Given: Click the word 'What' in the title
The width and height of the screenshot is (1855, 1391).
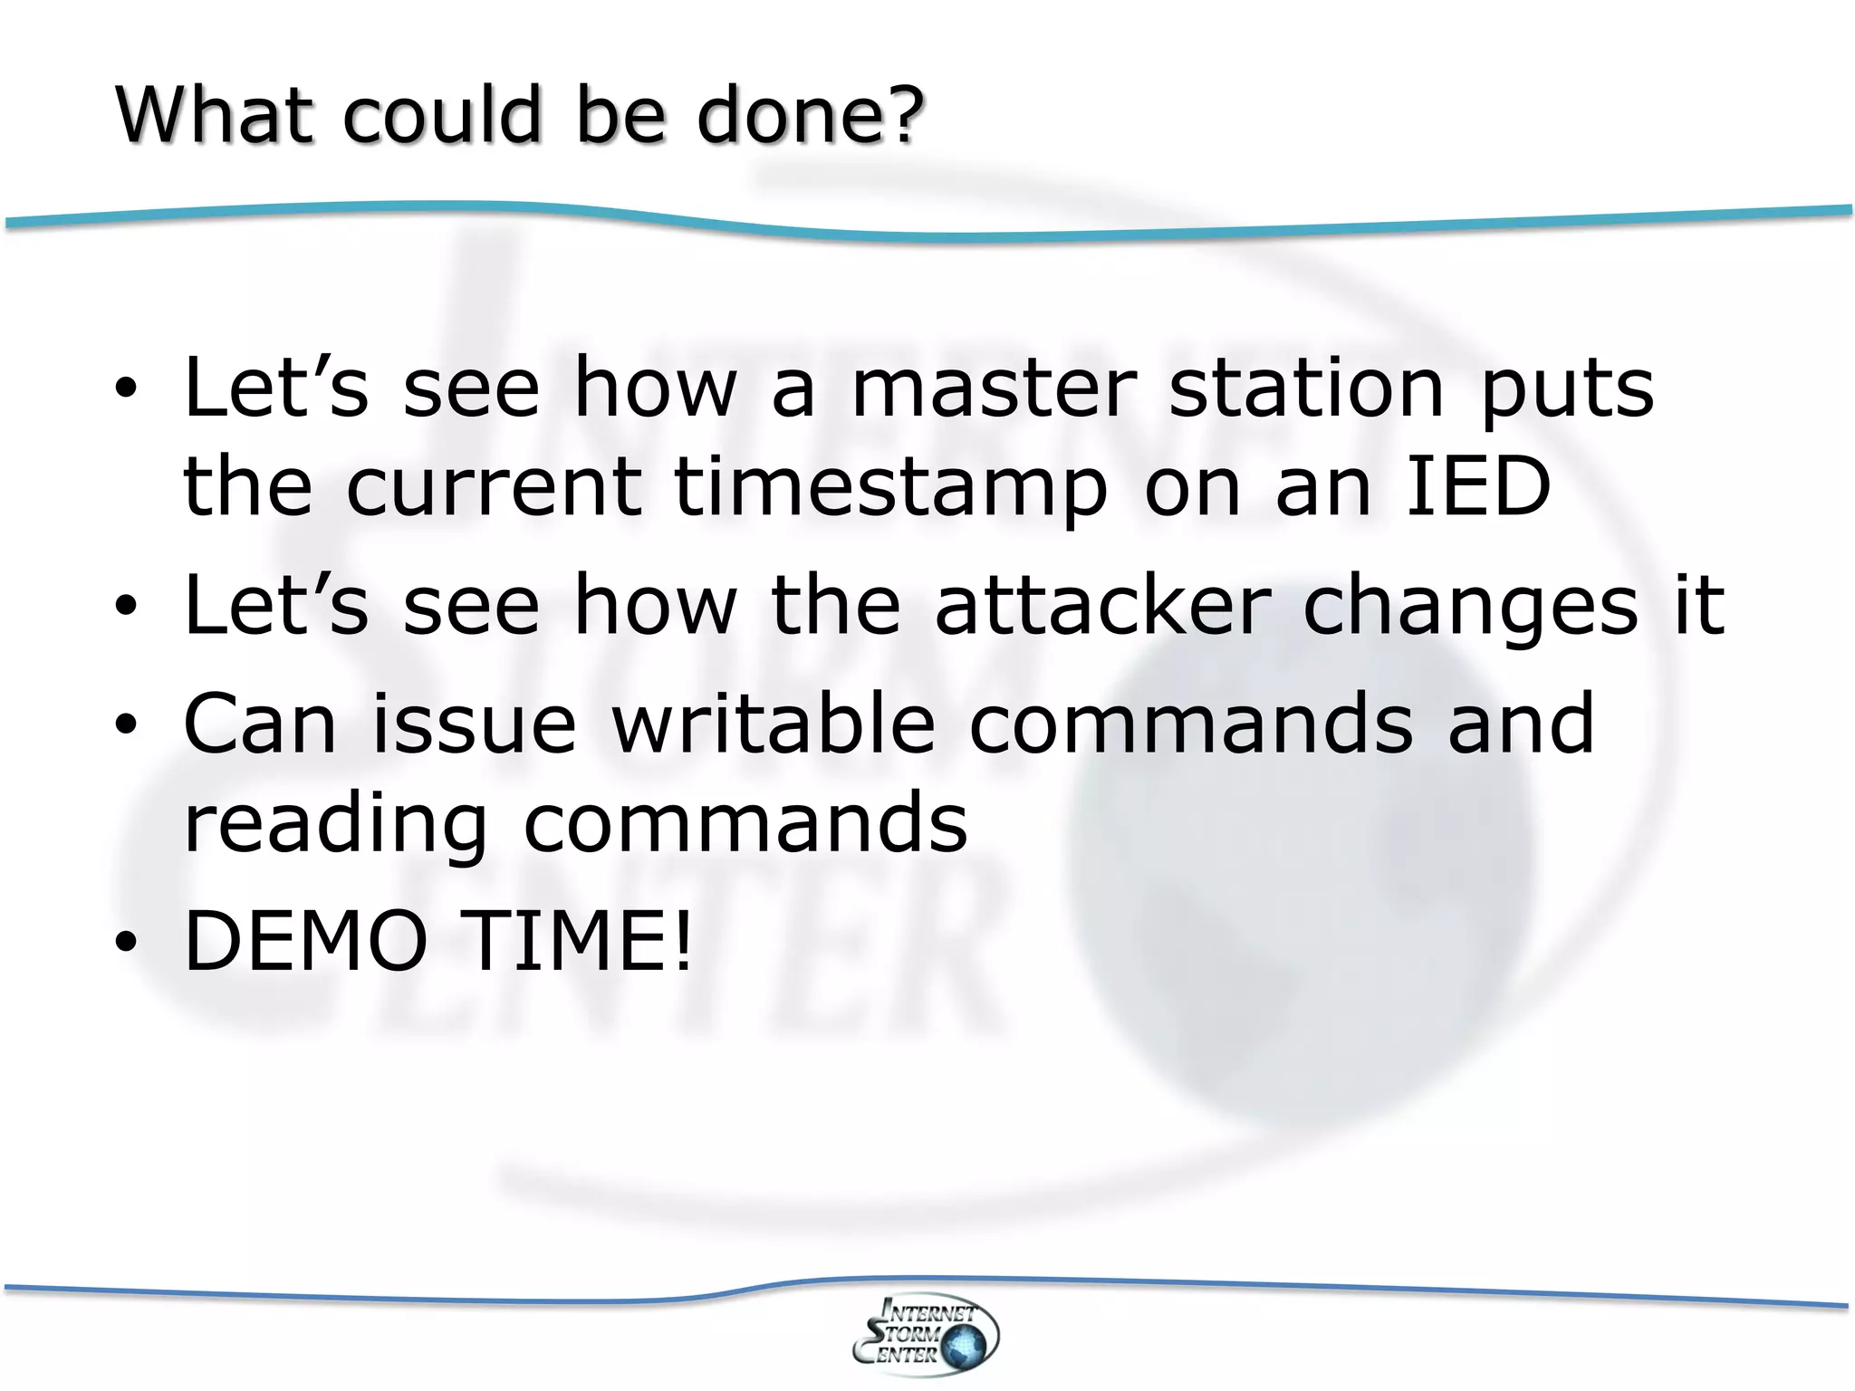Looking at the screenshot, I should click(x=214, y=115).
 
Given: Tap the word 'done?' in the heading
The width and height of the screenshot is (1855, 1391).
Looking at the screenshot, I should click(x=811, y=115).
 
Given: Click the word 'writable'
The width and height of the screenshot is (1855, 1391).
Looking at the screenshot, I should click(x=774, y=723).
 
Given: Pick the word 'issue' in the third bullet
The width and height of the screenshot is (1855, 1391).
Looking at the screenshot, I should click(x=474, y=723).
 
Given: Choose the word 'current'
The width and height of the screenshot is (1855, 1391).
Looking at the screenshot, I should click(x=494, y=489).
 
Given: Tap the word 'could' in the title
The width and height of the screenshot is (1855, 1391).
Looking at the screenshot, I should click(x=440, y=115).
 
